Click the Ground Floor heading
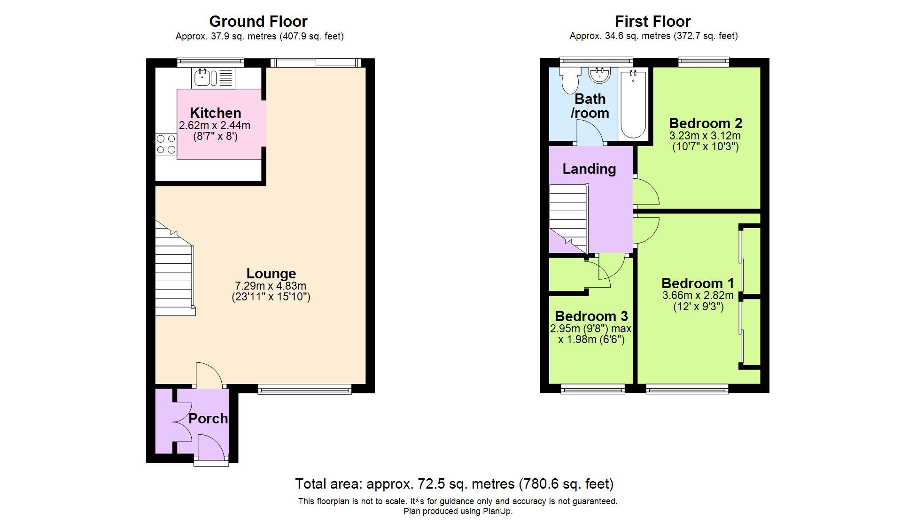tap(258, 21)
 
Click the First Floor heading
tap(652, 21)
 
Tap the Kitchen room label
tap(215, 113)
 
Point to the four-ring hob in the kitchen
tap(166, 144)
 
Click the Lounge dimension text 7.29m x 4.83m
tap(271, 286)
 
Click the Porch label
tap(208, 418)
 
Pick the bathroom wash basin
tap(599, 75)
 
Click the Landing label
tap(589, 169)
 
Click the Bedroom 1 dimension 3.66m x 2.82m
tap(698, 296)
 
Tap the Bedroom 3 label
tap(591, 316)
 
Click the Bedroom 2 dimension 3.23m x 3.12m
tap(705, 136)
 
